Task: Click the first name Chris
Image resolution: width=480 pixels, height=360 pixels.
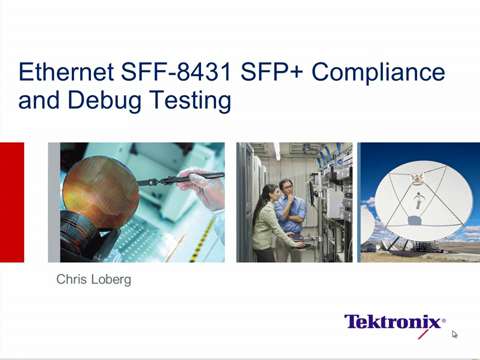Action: (72, 281)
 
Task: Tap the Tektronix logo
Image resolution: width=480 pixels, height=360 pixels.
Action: (395, 322)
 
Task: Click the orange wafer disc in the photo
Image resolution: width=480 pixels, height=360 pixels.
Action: (99, 189)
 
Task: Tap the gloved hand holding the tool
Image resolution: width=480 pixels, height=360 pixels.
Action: (203, 188)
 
